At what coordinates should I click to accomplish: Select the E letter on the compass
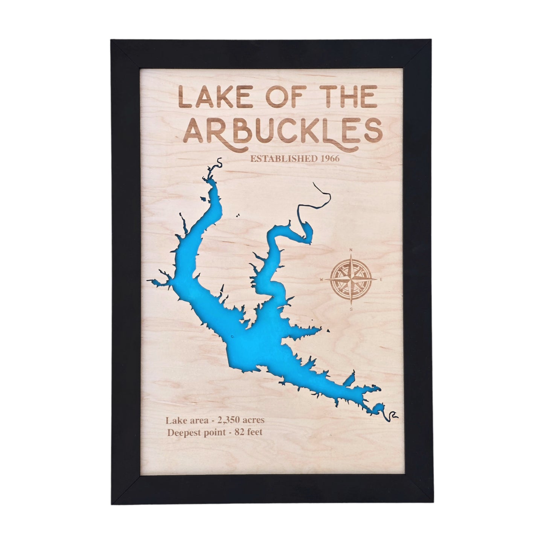point(381,279)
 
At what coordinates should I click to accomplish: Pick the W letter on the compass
point(322,279)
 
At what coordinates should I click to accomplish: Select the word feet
point(254,432)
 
